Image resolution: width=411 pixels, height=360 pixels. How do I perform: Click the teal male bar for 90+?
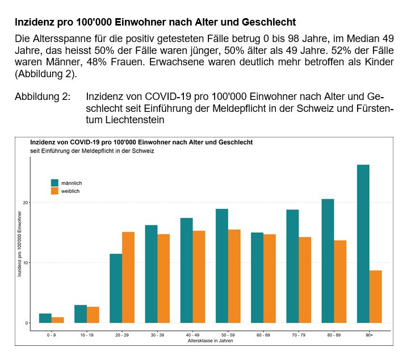click(x=363, y=244)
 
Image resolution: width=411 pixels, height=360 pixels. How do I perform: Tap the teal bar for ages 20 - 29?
click(x=116, y=288)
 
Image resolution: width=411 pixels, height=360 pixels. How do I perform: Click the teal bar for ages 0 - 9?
click(x=45, y=318)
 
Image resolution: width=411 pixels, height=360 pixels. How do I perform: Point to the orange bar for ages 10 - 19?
click(x=93, y=315)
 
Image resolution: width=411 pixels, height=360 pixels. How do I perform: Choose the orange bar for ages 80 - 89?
click(x=341, y=282)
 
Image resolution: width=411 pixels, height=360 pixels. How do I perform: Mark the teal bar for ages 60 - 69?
click(x=257, y=278)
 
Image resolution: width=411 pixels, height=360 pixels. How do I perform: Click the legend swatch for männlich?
click(x=54, y=183)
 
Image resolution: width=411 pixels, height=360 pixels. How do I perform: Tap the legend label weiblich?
click(x=70, y=191)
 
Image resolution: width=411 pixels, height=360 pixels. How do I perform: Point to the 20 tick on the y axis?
click(x=26, y=203)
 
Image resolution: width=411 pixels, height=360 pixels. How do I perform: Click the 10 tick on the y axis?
click(x=26, y=263)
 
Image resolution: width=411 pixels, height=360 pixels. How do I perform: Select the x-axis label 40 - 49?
click(x=192, y=335)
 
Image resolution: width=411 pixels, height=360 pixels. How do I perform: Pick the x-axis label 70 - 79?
click(x=299, y=335)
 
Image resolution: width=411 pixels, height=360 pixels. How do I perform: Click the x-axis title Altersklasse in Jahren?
click(x=210, y=341)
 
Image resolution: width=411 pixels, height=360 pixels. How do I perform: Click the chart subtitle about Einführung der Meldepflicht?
click(x=92, y=151)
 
